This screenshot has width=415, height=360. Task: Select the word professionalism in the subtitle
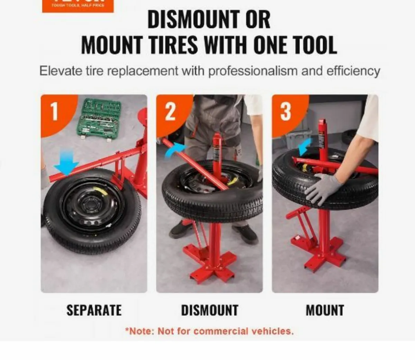tap(253, 71)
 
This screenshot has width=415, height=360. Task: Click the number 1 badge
tap(55, 112)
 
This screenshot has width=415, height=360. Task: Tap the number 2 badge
tap(170, 112)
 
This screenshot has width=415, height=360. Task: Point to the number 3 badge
tap(285, 112)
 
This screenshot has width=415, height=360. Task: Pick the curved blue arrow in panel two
tap(175, 151)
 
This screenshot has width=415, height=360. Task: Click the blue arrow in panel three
tap(305, 147)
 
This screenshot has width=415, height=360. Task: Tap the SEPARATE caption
tap(94, 310)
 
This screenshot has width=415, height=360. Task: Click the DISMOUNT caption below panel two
tap(210, 310)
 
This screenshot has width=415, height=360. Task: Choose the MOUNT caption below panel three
tap(325, 310)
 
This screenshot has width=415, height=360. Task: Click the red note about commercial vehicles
tap(209, 331)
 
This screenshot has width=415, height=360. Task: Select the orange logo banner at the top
tap(78, 6)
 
